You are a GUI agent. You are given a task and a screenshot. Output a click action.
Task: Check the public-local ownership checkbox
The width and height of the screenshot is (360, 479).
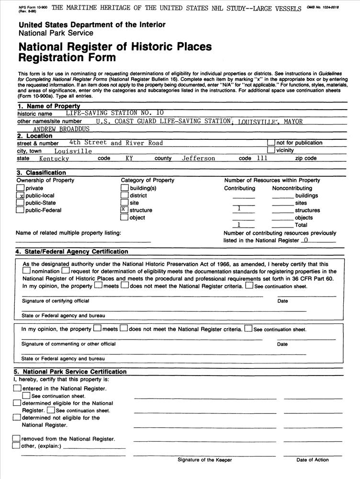click(20, 195)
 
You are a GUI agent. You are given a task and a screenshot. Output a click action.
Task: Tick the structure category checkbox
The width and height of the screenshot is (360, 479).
click(124, 210)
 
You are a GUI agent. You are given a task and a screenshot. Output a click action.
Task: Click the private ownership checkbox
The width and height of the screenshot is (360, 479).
click(20, 188)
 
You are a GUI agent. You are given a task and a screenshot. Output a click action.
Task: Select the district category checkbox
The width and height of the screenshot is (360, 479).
click(124, 195)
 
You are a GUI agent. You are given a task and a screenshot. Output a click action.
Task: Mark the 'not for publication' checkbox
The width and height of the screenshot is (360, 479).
click(271, 143)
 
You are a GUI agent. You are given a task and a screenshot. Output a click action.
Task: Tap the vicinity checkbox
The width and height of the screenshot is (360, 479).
click(271, 150)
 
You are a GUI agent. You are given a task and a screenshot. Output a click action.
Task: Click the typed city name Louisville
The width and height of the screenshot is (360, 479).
click(73, 151)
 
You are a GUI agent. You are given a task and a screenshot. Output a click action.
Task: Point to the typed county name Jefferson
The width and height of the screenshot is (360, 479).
click(198, 159)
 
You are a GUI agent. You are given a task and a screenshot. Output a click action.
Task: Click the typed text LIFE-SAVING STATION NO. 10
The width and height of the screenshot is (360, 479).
click(114, 113)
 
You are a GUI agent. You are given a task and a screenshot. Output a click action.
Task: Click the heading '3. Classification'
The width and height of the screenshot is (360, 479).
click(41, 172)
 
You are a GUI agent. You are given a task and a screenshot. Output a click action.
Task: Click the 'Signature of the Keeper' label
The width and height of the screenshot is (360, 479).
click(204, 460)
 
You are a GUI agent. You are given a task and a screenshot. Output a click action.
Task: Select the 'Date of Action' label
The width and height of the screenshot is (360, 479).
click(312, 460)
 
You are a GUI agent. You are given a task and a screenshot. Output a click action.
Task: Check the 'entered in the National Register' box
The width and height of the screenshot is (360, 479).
click(17, 388)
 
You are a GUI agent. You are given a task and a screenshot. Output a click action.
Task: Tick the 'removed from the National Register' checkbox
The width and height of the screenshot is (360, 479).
click(16, 438)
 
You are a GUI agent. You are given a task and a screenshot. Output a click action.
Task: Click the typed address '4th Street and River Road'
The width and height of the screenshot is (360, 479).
click(116, 143)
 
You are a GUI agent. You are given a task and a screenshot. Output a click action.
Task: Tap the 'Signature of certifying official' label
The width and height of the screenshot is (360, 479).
click(55, 301)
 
